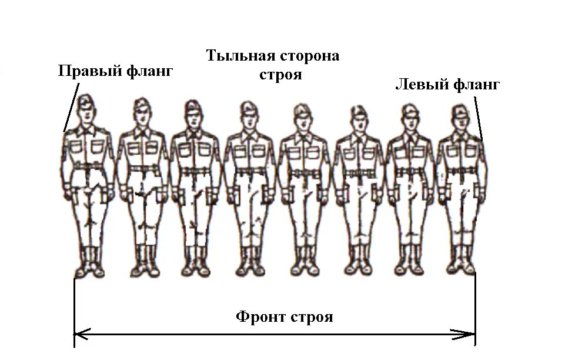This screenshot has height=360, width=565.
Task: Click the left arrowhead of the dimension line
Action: pyautogui.click(x=81, y=335)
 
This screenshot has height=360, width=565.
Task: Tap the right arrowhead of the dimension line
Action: pyautogui.click(x=469, y=335)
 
